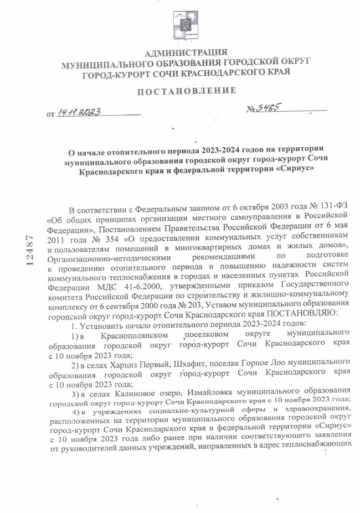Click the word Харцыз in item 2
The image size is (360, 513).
point(128,362)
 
